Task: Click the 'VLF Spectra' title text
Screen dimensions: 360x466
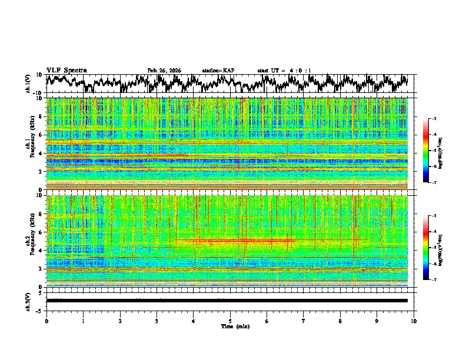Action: pyautogui.click(x=66, y=70)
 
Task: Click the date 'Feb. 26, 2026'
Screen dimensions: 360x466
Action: pyautogui.click(x=164, y=71)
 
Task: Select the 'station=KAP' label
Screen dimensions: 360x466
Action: pyautogui.click(x=218, y=71)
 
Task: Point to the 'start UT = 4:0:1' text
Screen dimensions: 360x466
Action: pyautogui.click(x=284, y=71)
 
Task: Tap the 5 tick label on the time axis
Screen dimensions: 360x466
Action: pyautogui.click(x=230, y=321)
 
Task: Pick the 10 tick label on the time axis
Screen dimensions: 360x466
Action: pyautogui.click(x=414, y=321)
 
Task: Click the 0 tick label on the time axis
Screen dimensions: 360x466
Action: pyautogui.click(x=46, y=321)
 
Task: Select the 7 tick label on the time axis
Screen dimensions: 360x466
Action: pyautogui.click(x=304, y=321)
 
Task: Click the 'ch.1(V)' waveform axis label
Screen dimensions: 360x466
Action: pyautogui.click(x=28, y=84)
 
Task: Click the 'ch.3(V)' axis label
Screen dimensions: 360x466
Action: pyautogui.click(x=28, y=300)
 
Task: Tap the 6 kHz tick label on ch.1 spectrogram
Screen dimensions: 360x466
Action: pyautogui.click(x=41, y=135)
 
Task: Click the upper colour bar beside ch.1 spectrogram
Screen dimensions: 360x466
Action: pyautogui.click(x=425, y=151)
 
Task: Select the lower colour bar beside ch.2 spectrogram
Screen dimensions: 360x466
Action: pyautogui.click(x=425, y=248)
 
